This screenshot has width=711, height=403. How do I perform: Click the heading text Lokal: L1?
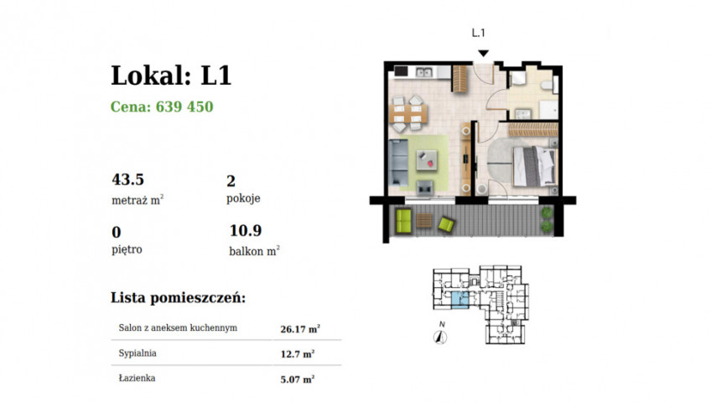coord(171,76)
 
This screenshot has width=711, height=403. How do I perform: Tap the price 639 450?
coord(184,107)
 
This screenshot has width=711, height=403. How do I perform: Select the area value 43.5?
coord(128,180)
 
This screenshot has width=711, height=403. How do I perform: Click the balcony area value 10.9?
coord(246,231)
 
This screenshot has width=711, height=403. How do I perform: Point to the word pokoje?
coord(243,198)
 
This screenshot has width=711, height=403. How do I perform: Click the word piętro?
coord(127,249)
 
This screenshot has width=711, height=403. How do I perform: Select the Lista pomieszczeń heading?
coord(179,298)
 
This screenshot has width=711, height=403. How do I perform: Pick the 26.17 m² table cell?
coord(300,329)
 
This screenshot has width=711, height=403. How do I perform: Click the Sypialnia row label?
coord(138,353)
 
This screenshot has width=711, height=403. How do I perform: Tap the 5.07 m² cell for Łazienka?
coord(298,379)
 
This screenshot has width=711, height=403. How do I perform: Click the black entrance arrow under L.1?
coord(484,54)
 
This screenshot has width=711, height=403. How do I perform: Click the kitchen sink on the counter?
coord(425,71)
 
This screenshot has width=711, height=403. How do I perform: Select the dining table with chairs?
coord(409,113)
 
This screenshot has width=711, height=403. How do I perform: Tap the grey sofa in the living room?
coord(398,162)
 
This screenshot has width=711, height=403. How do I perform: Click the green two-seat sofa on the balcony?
coord(403,221)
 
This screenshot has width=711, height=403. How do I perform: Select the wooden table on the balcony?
coord(424,221)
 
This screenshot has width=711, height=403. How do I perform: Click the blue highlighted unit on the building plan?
coord(459,301)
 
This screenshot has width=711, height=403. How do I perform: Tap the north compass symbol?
coord(440,337)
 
